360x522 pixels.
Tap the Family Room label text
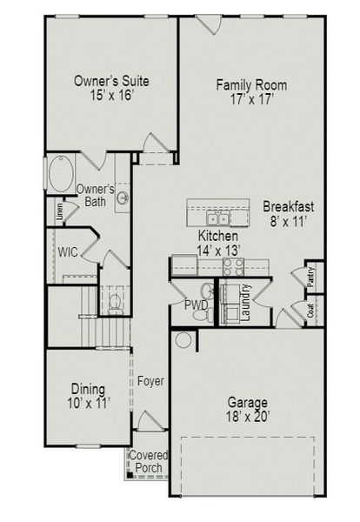tap(251, 85)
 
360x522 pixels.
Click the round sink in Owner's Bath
tap(124, 198)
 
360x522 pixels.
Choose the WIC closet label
tap(70, 252)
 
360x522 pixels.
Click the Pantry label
tap(311, 276)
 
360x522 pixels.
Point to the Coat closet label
tap(310, 311)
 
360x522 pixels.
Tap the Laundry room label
tap(246, 302)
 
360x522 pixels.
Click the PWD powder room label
tap(196, 305)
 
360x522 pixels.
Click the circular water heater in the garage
tap(183, 338)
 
